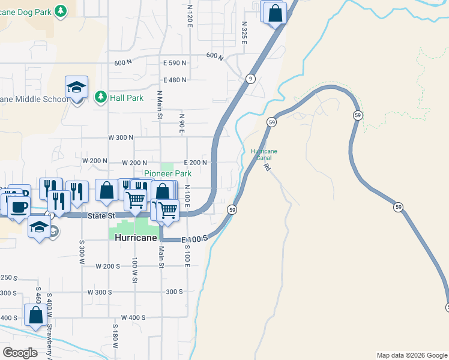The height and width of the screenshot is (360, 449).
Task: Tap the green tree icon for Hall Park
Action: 101,97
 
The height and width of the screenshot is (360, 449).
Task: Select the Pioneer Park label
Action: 167,173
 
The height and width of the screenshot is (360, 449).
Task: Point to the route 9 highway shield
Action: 250,79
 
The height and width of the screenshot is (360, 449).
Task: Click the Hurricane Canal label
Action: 264,154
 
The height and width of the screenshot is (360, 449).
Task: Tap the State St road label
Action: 100,216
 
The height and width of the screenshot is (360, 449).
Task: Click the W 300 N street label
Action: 121,137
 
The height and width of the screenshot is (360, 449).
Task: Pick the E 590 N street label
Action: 175,63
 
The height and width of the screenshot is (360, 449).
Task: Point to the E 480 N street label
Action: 175,80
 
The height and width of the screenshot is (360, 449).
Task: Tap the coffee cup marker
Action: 18,206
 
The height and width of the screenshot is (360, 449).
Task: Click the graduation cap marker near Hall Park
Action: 77,88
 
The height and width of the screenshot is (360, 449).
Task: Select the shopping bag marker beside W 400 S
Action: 36,314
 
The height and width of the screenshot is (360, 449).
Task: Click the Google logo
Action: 20,353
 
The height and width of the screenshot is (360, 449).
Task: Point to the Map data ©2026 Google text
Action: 412,355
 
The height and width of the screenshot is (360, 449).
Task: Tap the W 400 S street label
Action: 133,317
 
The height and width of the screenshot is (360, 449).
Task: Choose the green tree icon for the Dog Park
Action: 60,10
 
